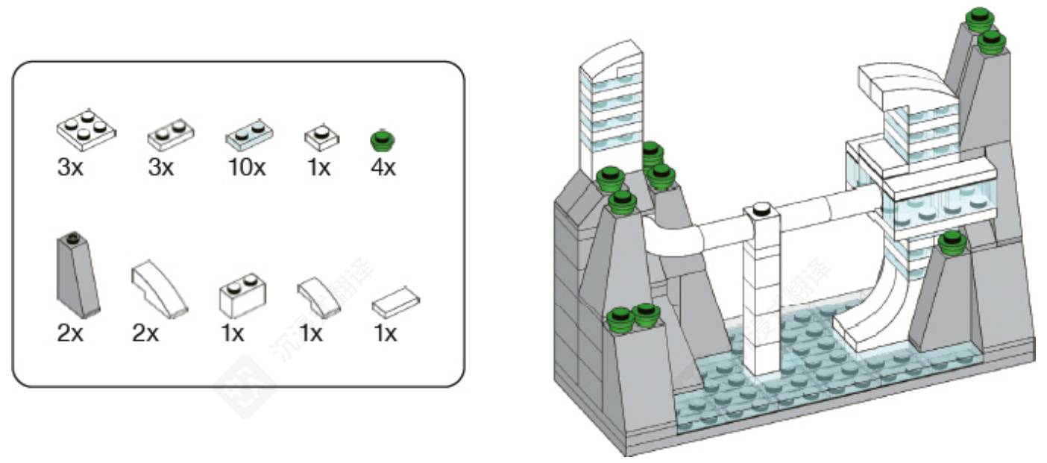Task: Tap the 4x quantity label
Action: (383, 168)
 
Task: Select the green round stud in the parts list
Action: (383, 139)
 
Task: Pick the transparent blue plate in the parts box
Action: (248, 135)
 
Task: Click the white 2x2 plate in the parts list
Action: (86, 129)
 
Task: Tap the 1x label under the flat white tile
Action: (384, 333)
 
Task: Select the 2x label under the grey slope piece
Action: (70, 333)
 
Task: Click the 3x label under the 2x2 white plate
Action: (70, 168)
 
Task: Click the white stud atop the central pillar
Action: (761, 210)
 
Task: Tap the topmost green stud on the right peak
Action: (978, 17)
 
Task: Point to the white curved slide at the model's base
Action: (872, 313)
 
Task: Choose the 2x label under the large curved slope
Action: (146, 333)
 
